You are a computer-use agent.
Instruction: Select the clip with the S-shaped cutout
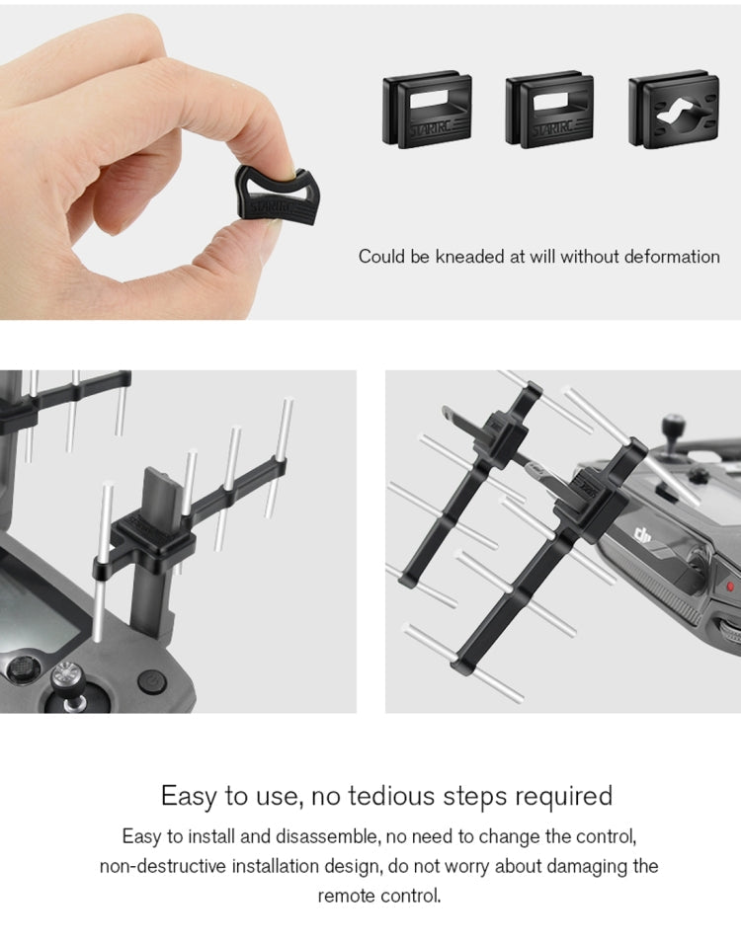pos(674,110)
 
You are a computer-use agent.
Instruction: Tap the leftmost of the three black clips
pos(427,110)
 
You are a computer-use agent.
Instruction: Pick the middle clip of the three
pos(550,110)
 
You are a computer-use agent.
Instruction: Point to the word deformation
pos(672,257)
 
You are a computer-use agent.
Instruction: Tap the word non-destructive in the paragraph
pos(163,866)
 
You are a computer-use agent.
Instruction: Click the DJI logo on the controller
pos(643,534)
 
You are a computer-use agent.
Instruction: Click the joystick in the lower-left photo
pos(68,682)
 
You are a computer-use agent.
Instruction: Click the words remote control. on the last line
pos(379,897)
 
